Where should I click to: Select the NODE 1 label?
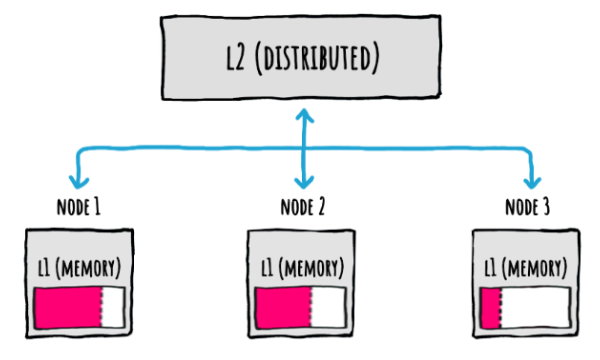78,209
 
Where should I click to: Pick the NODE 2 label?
303,209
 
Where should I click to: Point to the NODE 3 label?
527,209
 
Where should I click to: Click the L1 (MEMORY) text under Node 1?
78,269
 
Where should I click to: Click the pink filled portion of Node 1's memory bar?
67,306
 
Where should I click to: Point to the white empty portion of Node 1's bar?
112,306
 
